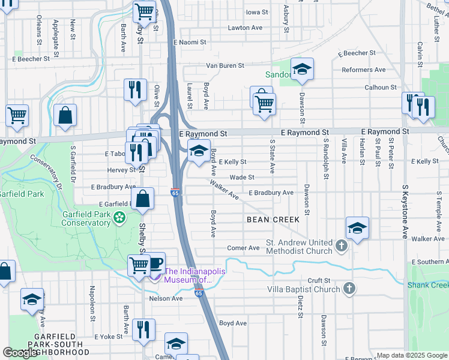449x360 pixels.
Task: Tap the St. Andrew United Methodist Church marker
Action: coord(341,247)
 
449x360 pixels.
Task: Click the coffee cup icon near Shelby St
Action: coord(155,263)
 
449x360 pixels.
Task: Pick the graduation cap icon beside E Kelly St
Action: coord(198,151)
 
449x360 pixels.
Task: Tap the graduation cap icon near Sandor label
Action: coord(303,69)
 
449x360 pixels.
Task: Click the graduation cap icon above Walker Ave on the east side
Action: coord(357,228)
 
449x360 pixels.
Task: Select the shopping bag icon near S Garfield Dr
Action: coord(65,116)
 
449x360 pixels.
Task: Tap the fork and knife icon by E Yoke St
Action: coord(143,330)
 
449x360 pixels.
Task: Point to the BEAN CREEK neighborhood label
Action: coord(273,220)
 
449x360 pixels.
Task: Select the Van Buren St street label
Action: coord(225,65)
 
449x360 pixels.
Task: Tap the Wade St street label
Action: coord(243,178)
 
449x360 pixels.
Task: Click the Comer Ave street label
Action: coord(243,248)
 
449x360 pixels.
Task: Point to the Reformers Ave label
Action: coord(364,70)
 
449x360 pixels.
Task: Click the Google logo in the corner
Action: coord(20,353)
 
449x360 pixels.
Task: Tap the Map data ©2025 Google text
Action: coord(412,355)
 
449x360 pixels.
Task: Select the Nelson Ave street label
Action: coord(169,298)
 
